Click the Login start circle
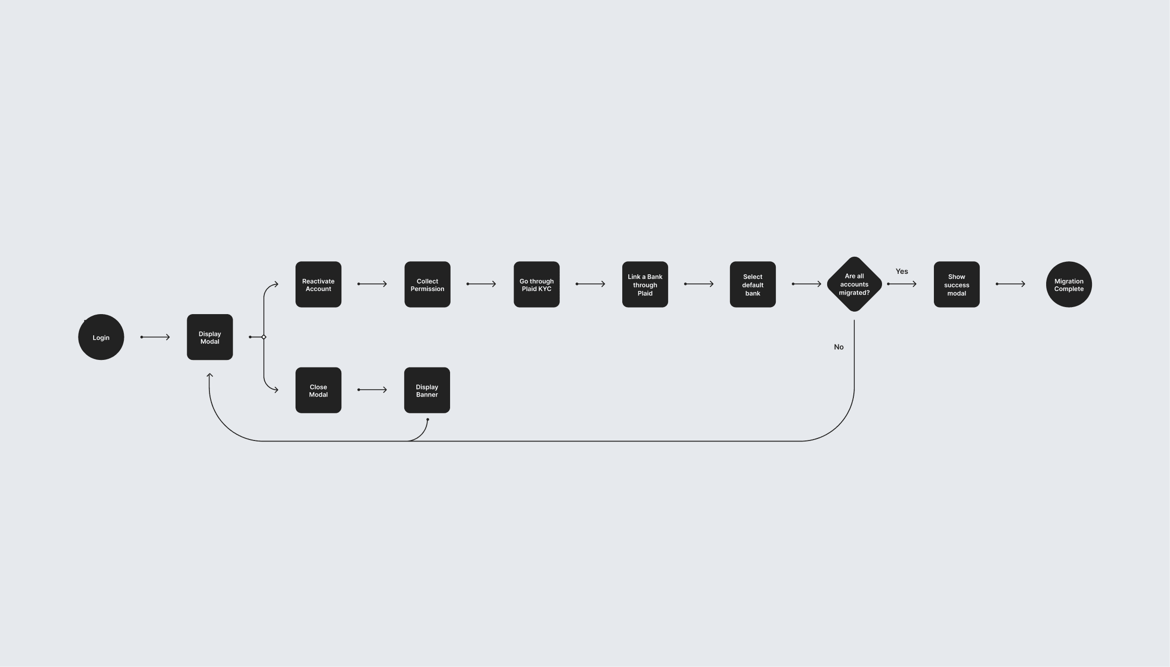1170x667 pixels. point(101,337)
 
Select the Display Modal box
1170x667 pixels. point(209,337)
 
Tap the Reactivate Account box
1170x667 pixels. point(318,284)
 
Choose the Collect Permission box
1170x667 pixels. point(427,284)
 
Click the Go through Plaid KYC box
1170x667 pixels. point(536,284)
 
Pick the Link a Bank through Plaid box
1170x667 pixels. point(645,284)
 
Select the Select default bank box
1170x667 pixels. point(753,284)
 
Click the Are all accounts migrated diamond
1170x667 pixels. point(854,284)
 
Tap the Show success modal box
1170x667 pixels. point(957,284)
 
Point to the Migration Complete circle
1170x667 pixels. point(1069,284)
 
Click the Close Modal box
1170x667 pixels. point(318,390)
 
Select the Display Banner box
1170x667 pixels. point(427,390)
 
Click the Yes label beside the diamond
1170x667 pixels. point(902,271)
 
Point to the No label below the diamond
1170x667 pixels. point(839,347)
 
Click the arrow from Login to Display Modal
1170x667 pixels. point(155,337)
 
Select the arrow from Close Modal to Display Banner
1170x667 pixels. point(373,390)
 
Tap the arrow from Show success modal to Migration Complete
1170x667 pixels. point(1011,284)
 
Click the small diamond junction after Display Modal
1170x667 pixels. point(264,337)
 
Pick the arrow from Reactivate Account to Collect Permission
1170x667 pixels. point(373,284)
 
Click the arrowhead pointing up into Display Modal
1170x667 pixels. point(209,375)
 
